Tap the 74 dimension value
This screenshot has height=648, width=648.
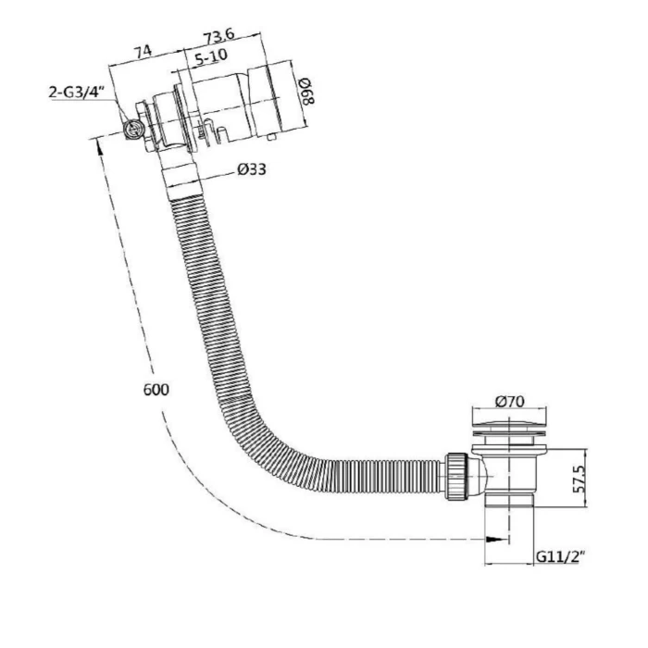click(x=143, y=51)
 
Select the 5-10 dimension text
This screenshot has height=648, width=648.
click(x=211, y=57)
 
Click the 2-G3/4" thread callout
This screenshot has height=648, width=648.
click(x=75, y=92)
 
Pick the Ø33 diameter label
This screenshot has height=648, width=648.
click(x=252, y=169)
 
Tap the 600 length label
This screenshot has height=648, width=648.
click(x=156, y=390)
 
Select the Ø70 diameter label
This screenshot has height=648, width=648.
click(x=509, y=401)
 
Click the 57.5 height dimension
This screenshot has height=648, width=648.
click(x=579, y=479)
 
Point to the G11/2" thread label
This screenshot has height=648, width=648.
click(x=560, y=556)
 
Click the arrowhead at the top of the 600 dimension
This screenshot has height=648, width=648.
click(x=99, y=146)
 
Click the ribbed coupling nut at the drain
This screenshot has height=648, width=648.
click(x=456, y=477)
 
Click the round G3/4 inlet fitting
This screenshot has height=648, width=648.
click(x=133, y=130)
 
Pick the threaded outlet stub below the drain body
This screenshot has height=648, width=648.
click(x=509, y=499)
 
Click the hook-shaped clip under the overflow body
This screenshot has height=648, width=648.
click(x=215, y=132)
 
